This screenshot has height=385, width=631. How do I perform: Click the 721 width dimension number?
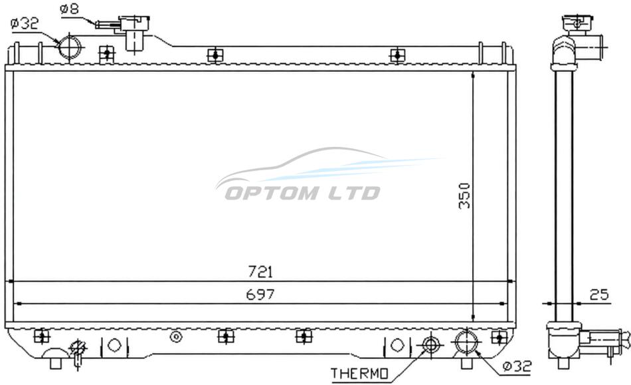pyautogui.click(x=260, y=272)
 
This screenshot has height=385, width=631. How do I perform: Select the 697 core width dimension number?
pyautogui.click(x=260, y=295)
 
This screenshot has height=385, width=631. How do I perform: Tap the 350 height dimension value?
pyautogui.click(x=464, y=195)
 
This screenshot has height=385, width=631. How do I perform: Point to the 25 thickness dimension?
pyautogui.click(x=599, y=295)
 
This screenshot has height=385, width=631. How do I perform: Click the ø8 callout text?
pyautogui.click(x=70, y=9)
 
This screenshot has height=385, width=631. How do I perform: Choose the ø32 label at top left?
pyautogui.click(x=25, y=23)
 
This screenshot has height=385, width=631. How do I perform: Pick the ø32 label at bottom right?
pyautogui.click(x=517, y=366)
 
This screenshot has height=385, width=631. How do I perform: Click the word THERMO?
pyautogui.click(x=360, y=374)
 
